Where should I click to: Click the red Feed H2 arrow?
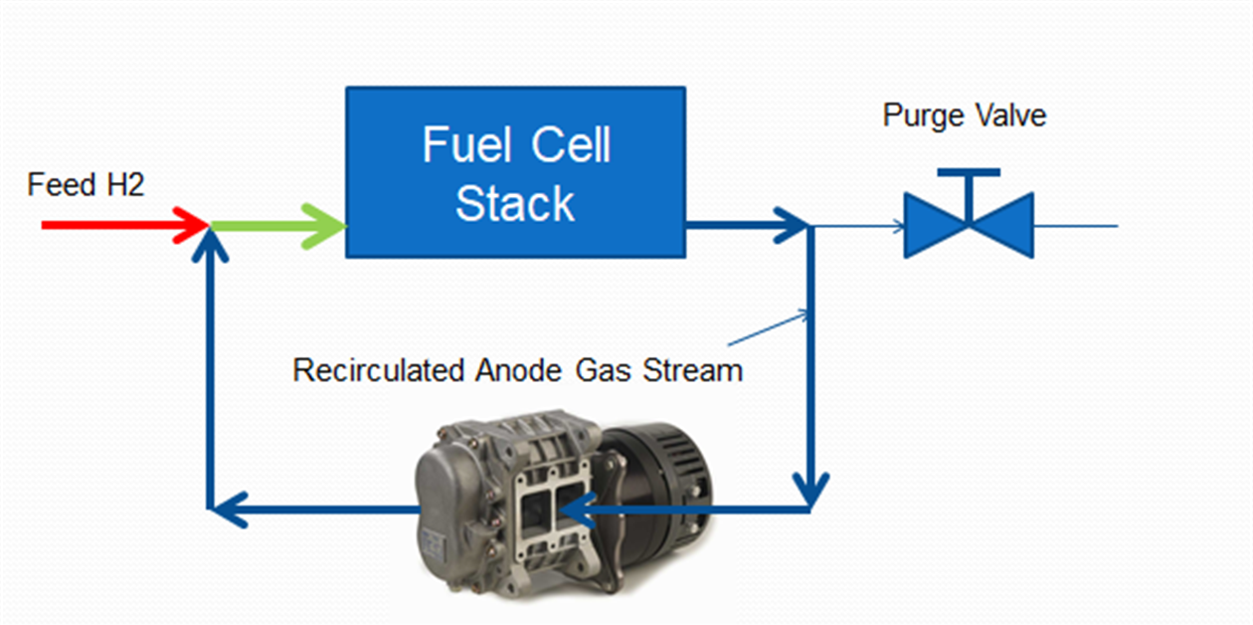[119, 225]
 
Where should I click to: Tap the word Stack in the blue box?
[514, 203]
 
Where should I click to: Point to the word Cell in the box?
[570, 145]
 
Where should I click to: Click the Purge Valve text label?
[964, 115]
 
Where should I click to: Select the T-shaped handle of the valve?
[968, 179]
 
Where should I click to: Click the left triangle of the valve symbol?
[931, 226]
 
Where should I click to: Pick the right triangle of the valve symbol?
[1006, 226]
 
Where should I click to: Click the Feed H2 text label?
[86, 185]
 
